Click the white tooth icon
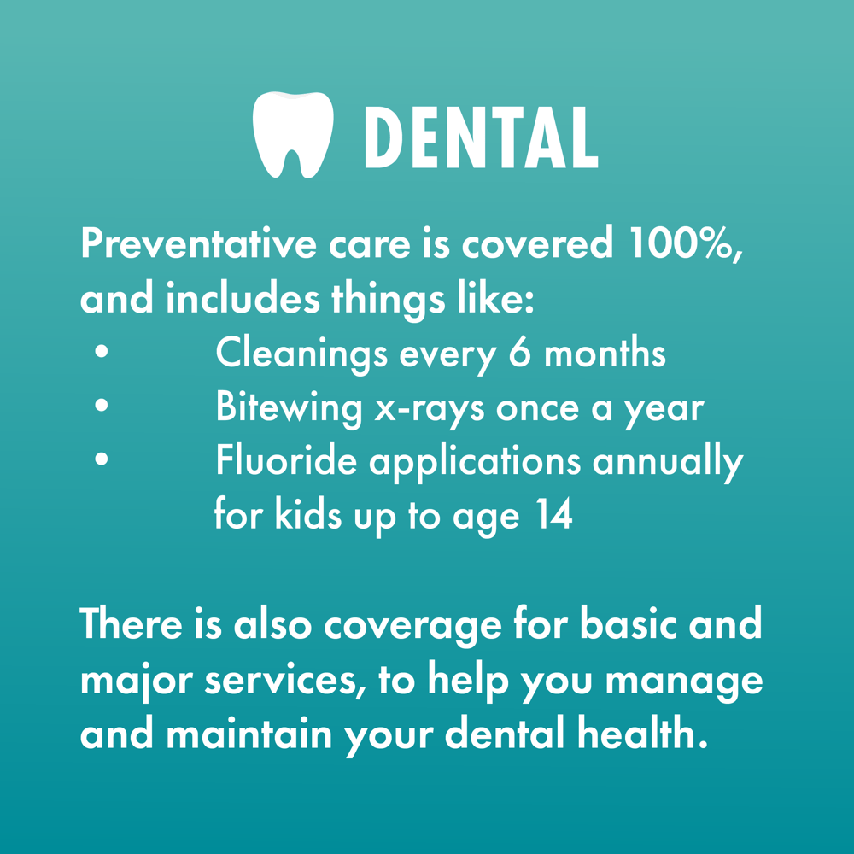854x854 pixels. (x=292, y=134)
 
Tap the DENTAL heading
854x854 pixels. (x=480, y=137)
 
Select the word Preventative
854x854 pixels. (x=197, y=244)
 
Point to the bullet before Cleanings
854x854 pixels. (x=102, y=352)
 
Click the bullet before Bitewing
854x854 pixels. (x=102, y=407)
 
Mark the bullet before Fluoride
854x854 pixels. (x=102, y=460)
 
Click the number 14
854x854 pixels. (x=550, y=515)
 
